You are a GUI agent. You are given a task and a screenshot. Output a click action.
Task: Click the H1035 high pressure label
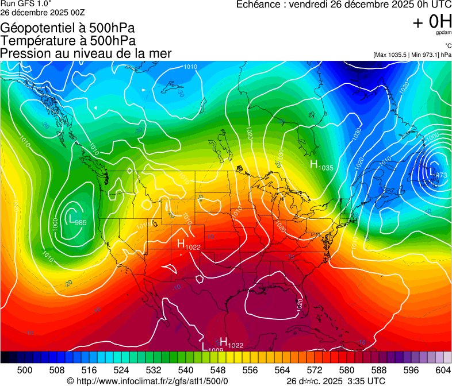click(321, 166)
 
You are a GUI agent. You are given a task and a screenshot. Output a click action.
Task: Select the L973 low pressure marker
click(438, 173)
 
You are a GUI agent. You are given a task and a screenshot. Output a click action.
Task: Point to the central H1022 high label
click(189, 246)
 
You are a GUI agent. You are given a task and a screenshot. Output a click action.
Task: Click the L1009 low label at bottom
click(212, 347)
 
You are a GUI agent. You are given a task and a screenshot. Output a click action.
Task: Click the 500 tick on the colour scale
click(25, 369)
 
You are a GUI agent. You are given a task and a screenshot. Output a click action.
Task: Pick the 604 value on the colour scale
click(442, 369)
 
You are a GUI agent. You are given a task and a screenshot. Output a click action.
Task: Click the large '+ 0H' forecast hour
click(432, 22)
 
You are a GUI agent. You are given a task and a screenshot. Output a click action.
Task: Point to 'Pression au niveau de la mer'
click(86, 53)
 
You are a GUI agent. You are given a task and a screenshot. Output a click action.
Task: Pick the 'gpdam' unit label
click(443, 33)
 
